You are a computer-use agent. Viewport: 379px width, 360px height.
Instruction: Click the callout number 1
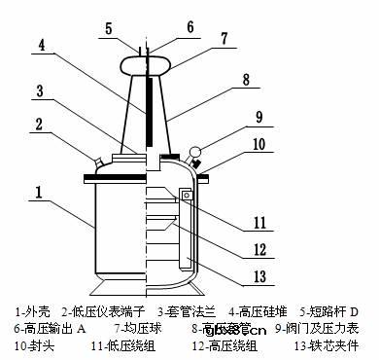click(35, 194)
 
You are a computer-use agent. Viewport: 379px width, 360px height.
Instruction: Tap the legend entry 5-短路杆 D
click(329, 312)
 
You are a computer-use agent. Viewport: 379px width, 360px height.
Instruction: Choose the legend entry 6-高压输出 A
click(48, 329)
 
